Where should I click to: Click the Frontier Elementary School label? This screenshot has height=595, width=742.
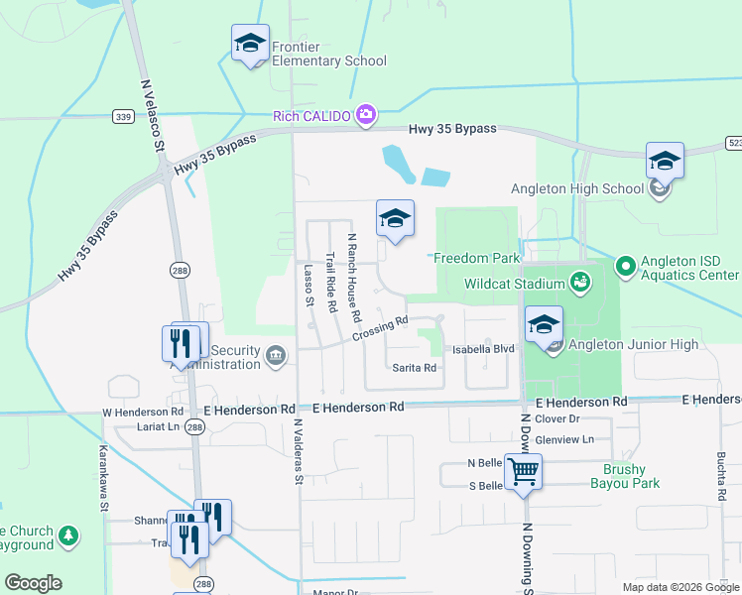(329, 60)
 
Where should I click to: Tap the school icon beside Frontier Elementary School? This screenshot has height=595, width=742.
(251, 45)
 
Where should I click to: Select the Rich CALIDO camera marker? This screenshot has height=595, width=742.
(366, 115)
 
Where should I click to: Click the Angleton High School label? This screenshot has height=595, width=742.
(577, 188)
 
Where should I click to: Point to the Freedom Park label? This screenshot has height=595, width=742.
(476, 258)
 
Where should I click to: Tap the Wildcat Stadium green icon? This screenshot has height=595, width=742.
(580, 284)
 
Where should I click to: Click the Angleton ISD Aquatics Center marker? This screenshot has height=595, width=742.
(625, 266)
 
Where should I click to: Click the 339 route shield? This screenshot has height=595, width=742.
(123, 117)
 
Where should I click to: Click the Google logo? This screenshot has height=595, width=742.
(33, 583)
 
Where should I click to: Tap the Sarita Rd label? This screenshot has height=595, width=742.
(415, 368)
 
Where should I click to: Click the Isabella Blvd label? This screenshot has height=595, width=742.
(483, 349)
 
